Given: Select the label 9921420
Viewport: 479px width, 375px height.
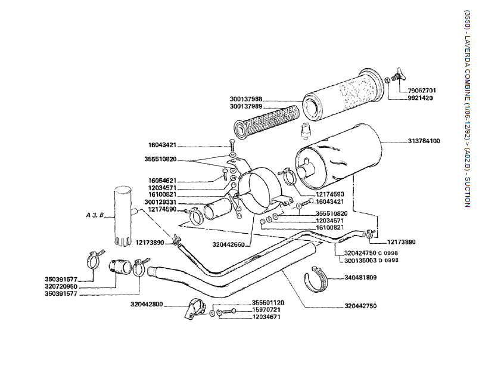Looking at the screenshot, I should click(419, 98).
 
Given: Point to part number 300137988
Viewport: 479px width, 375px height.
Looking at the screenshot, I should click(245, 99).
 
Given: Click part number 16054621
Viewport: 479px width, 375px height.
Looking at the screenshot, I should click(162, 180).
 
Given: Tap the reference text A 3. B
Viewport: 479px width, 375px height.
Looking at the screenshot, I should click(94, 216).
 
